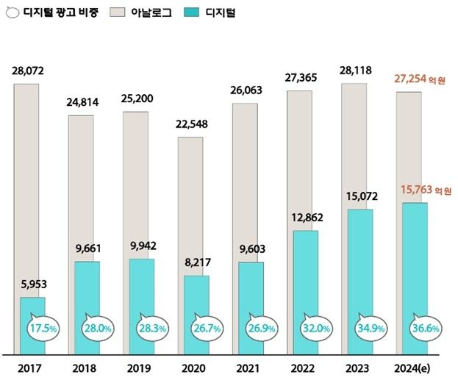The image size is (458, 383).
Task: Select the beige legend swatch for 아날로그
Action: [x=118, y=12]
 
